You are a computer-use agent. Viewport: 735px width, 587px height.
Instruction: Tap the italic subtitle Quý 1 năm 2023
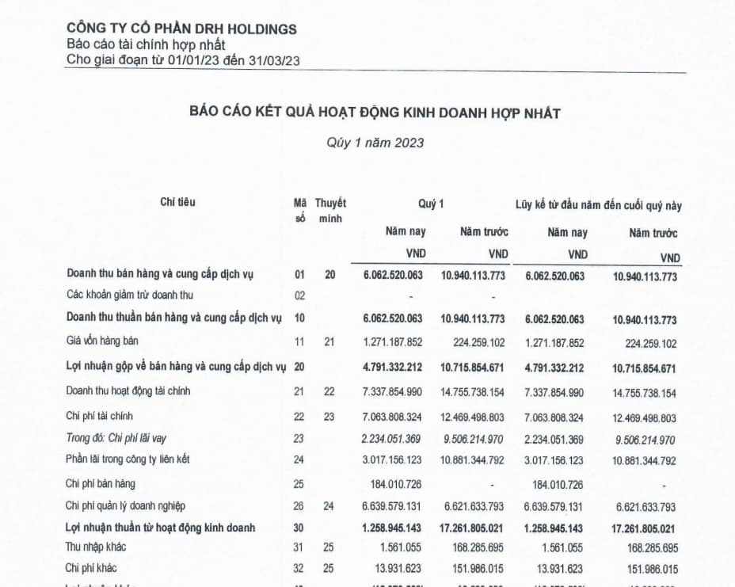[x=375, y=143]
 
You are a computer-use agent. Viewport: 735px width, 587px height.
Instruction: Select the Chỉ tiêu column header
[x=177, y=202]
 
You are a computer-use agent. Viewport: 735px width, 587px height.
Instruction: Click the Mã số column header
[x=299, y=211]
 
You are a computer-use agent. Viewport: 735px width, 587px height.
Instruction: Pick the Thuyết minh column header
[x=329, y=211]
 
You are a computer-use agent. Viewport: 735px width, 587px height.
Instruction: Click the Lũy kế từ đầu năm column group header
[x=598, y=205]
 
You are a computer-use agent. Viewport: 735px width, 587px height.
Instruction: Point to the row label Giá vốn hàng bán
[x=105, y=341]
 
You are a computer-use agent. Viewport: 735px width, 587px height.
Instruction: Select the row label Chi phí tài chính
[x=100, y=416]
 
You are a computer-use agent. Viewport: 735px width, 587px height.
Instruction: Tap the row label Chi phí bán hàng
[x=101, y=483]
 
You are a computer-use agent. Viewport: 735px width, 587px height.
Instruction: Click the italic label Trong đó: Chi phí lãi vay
[x=116, y=437]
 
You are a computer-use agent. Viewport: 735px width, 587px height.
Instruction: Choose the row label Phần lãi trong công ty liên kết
[x=128, y=459]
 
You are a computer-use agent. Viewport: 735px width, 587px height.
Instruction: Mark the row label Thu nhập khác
[x=96, y=547]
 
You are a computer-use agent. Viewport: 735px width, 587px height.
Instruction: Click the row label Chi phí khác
[x=92, y=568]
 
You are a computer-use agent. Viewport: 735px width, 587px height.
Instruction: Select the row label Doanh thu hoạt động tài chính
[x=128, y=391]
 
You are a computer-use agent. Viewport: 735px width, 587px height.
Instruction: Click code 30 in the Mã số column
[x=299, y=528]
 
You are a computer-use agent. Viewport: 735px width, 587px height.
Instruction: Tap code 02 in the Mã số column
[x=299, y=296]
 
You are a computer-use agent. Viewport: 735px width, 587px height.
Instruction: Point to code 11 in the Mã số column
[x=299, y=342]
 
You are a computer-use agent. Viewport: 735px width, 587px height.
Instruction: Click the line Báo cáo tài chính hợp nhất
[x=147, y=45]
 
